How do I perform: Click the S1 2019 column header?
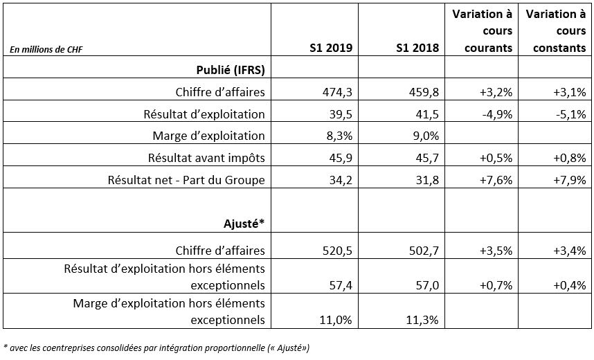(331, 48)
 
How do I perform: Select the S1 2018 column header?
(417, 48)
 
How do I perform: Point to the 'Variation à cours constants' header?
(556, 31)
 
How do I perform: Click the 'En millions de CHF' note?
(46, 49)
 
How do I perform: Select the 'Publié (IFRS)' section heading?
(231, 70)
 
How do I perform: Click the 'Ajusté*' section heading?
(244, 224)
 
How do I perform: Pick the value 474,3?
(338, 92)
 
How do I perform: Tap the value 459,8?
(424, 92)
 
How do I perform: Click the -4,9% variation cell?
(497, 114)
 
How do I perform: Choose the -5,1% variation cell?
(571, 114)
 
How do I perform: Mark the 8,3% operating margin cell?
(339, 136)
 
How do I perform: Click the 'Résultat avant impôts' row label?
(206, 158)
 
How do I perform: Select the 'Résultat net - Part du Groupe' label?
(186, 179)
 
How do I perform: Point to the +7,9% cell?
(570, 179)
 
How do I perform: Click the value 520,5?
(338, 251)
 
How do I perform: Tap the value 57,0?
(427, 285)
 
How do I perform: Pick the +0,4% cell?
(570, 285)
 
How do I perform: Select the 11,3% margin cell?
(422, 320)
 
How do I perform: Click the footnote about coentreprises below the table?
(156, 348)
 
